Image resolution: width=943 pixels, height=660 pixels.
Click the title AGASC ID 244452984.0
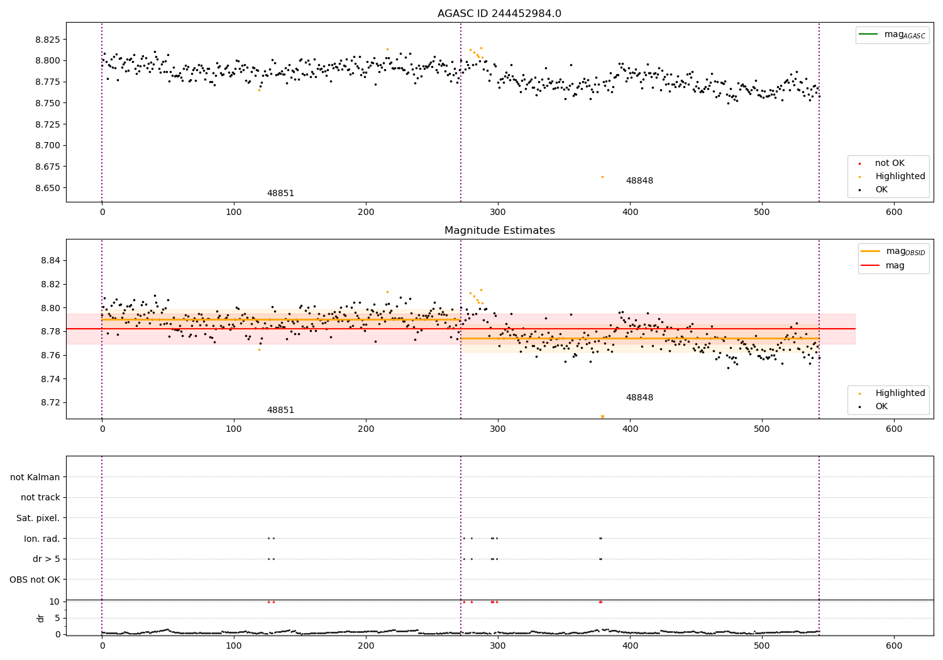click(499, 14)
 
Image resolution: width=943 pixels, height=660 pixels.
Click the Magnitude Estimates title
click(499, 231)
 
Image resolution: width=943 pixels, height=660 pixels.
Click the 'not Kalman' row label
click(35, 478)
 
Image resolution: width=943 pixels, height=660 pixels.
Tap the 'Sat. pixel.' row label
click(38, 519)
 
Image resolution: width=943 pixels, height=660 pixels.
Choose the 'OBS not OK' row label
click(35, 580)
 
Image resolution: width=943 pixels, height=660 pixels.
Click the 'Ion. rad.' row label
click(41, 539)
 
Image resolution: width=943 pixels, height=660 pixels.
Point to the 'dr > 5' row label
click(46, 559)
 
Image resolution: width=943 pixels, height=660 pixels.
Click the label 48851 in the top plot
click(280, 194)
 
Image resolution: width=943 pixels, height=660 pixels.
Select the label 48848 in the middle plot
click(639, 398)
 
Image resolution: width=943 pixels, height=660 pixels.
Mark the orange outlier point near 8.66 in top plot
click(602, 177)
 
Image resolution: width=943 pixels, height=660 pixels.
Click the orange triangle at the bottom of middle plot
click(602, 417)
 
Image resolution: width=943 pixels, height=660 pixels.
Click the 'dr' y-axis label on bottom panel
click(41, 618)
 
